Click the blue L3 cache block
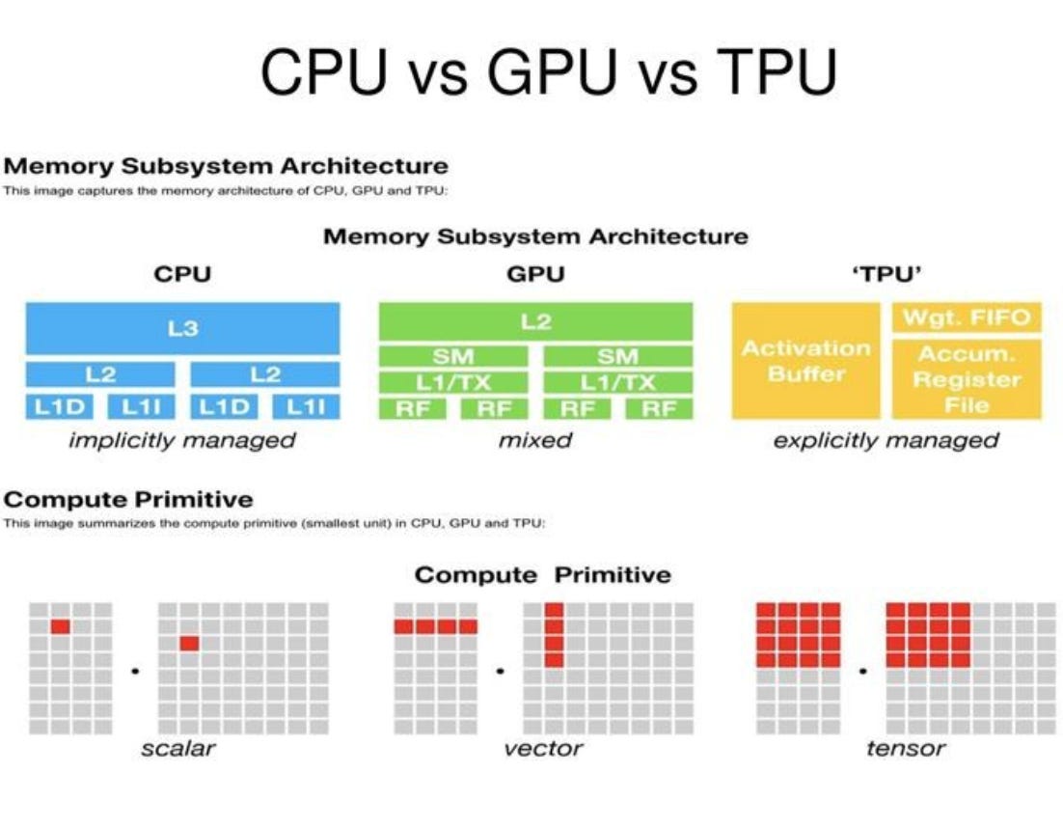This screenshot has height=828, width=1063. (182, 329)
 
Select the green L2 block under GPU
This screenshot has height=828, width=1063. (535, 321)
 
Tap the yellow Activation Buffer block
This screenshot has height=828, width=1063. (805, 360)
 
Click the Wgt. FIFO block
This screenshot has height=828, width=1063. (966, 317)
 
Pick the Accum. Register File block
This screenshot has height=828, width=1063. (966, 378)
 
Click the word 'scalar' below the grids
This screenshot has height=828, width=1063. (178, 748)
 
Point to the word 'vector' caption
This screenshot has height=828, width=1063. (543, 748)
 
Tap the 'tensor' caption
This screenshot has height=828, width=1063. (905, 748)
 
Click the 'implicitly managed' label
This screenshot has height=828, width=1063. (181, 441)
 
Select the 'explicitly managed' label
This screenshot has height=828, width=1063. (886, 441)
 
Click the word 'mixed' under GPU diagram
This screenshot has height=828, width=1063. (535, 441)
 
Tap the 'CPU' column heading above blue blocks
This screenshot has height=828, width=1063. (182, 274)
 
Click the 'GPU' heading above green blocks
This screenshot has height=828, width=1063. (535, 274)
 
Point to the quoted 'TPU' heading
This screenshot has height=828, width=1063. (886, 274)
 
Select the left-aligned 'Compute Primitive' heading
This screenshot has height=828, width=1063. (128, 499)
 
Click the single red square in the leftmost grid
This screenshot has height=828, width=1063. (61, 626)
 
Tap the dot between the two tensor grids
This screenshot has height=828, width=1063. (864, 669)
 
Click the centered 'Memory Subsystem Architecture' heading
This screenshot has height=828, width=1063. (535, 235)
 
